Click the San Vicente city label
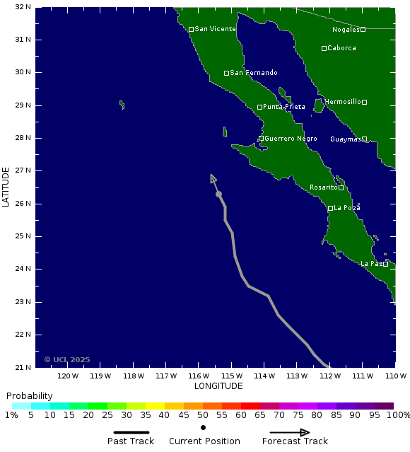pyautogui.click(x=216, y=29)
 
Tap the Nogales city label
pyautogui.click(x=346, y=30)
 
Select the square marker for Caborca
pyautogui.click(x=324, y=48)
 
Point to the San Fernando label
pyautogui.click(x=254, y=73)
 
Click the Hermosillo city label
pyautogui.click(x=344, y=102)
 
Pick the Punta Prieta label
pyautogui.click(x=284, y=107)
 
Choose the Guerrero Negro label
pyautogui.click(x=291, y=139)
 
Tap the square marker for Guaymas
pyautogui.click(x=365, y=139)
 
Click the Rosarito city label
pyautogui.click(x=324, y=187)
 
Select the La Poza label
pyautogui.click(x=347, y=208)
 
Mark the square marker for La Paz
pyautogui.click(x=385, y=264)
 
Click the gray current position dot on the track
pyautogui.click(x=218, y=194)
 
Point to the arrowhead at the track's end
pyautogui.click(x=213, y=178)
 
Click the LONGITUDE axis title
pyautogui.click(x=218, y=386)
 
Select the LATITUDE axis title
pyautogui.click(x=6, y=187)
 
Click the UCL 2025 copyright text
pyautogui.click(x=67, y=359)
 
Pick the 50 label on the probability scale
pyautogui.click(x=203, y=415)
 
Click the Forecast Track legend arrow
pyautogui.click(x=290, y=432)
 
